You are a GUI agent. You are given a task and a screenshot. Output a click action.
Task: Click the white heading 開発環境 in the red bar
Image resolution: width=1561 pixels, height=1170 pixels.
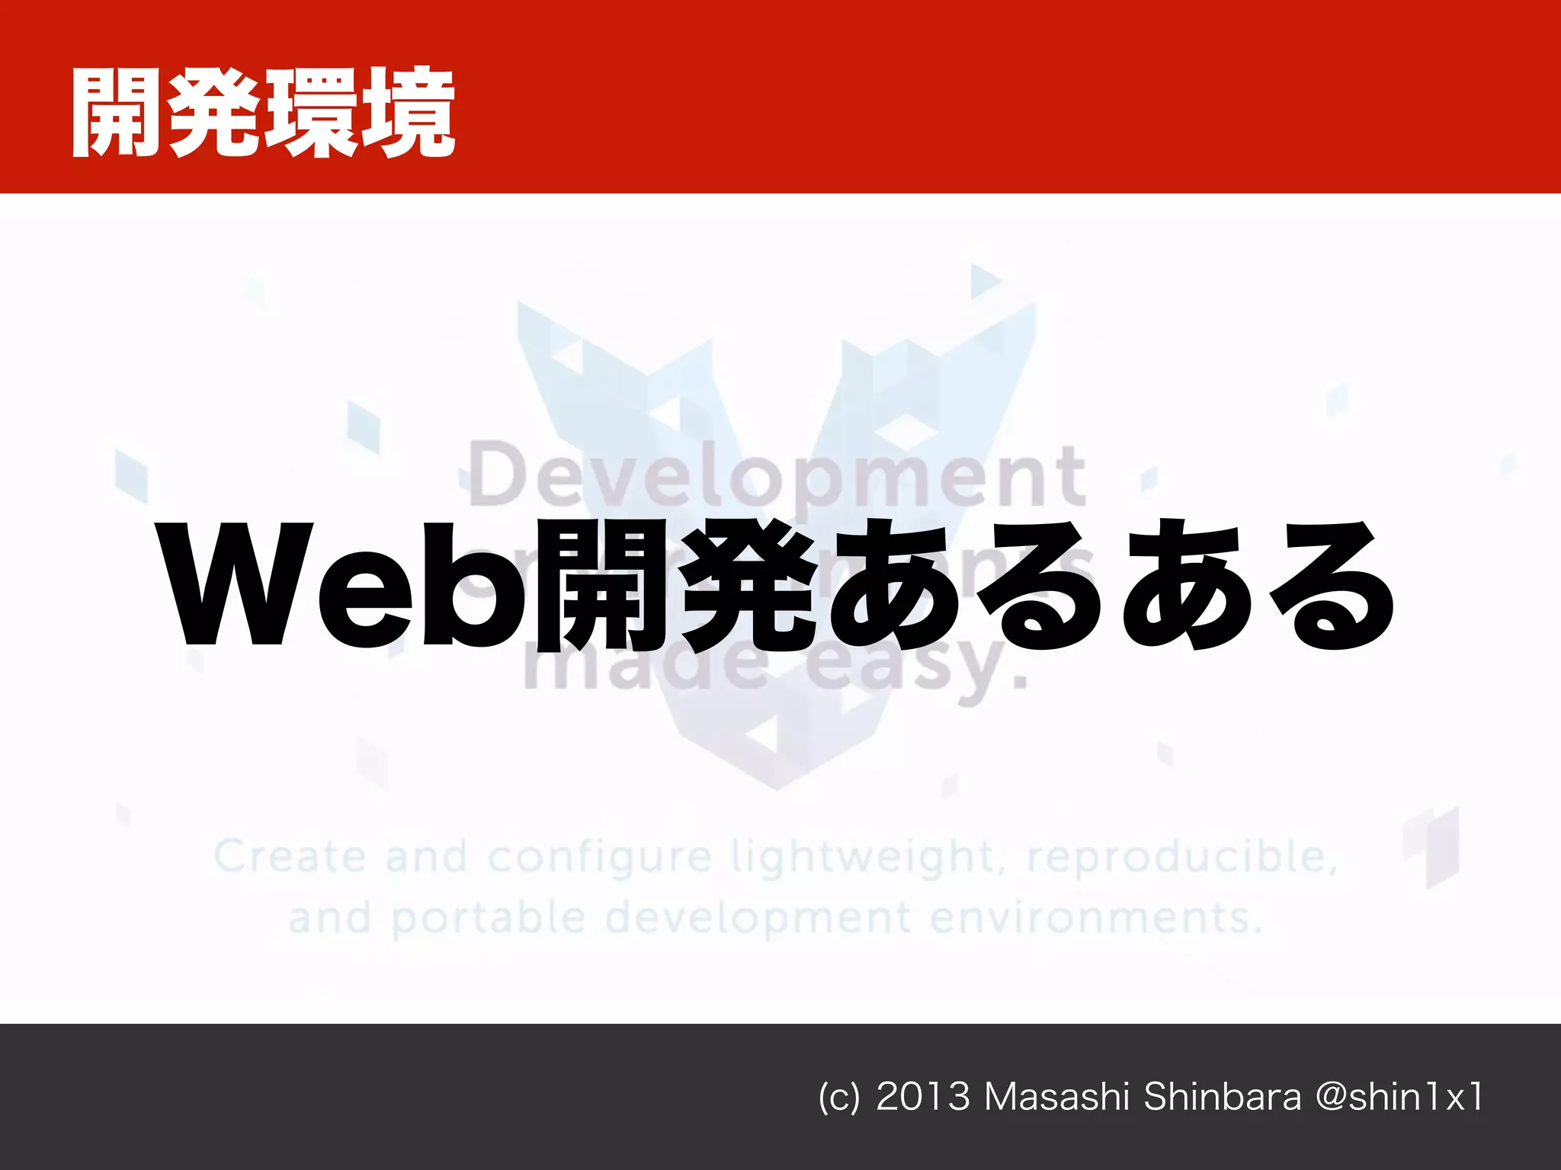[x=263, y=113]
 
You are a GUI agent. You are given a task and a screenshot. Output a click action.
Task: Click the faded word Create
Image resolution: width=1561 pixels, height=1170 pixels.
[x=289, y=857]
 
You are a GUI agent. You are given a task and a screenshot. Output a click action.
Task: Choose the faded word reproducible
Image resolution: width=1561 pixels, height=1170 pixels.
[x=1182, y=857]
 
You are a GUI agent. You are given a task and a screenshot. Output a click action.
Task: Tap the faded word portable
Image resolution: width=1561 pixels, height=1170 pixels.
[x=488, y=918]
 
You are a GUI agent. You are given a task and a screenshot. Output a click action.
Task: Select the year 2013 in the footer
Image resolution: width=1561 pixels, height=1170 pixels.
[x=923, y=1098]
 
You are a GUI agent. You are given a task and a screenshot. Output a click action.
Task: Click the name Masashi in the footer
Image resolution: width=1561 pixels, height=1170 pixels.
[x=1056, y=1098]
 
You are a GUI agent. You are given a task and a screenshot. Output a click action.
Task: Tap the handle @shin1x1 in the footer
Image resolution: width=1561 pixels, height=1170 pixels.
[x=1399, y=1098]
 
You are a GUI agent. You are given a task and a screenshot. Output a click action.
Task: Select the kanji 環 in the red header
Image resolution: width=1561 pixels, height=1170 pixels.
[x=311, y=113]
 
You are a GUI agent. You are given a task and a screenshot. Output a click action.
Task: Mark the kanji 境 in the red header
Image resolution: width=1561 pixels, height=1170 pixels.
[x=408, y=113]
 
